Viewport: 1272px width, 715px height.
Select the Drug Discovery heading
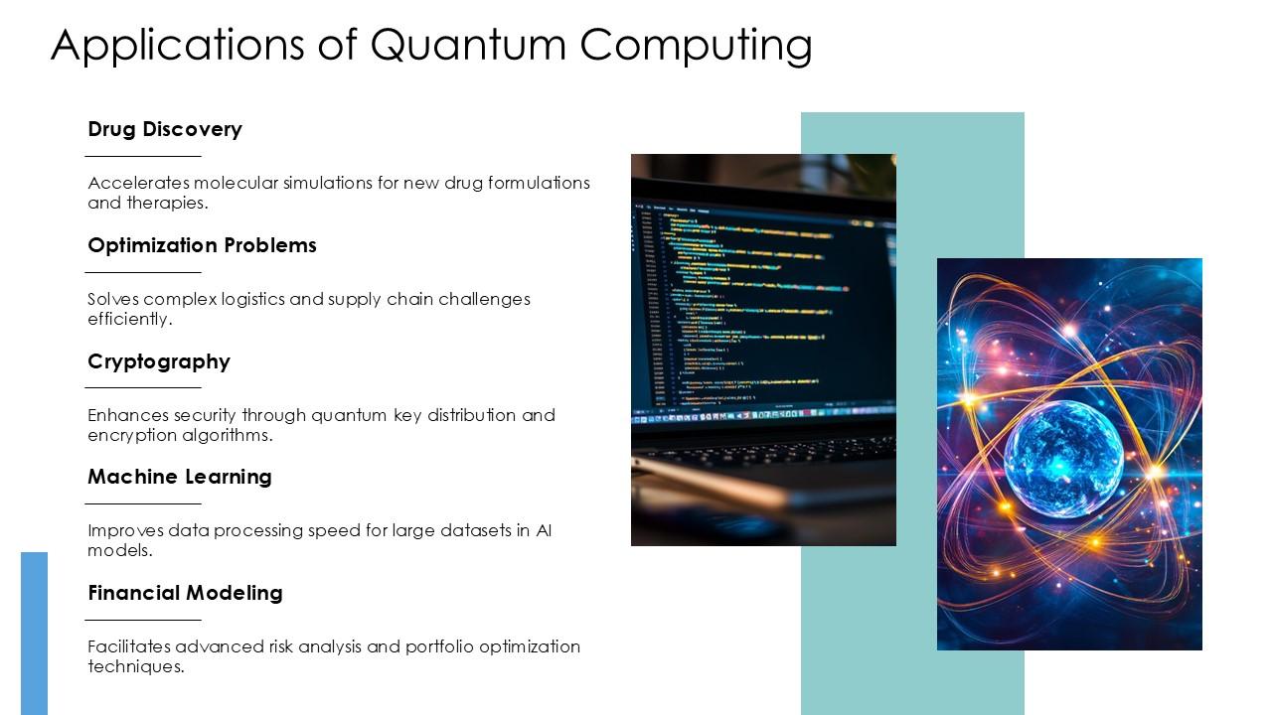pos(165,129)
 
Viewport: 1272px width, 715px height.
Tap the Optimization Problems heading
pos(202,245)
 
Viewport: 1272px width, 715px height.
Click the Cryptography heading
pos(159,361)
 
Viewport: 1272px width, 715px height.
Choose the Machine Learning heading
pos(180,477)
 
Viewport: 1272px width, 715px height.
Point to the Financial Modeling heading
pos(185,593)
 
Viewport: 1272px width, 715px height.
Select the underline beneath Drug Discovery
pos(143,156)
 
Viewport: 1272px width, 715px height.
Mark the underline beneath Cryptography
pos(143,387)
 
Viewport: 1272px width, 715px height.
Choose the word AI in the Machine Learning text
pos(544,530)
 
